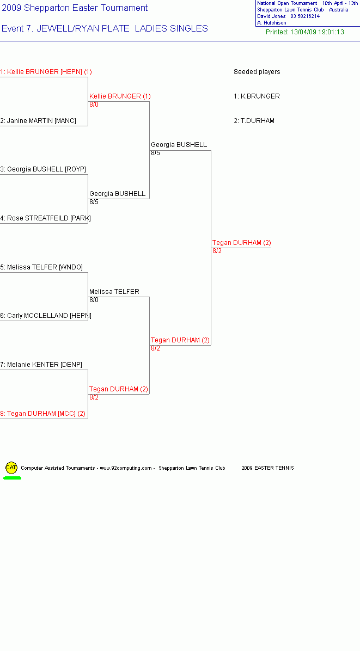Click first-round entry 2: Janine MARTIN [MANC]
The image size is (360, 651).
pyautogui.click(x=38, y=121)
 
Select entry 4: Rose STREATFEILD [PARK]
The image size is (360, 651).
pyautogui.click(x=45, y=218)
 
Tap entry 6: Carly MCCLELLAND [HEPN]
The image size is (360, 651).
pyautogui.click(x=46, y=316)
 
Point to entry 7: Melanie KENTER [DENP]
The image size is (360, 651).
pyautogui.click(x=41, y=365)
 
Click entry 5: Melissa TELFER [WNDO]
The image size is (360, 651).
pyautogui.click(x=41, y=267)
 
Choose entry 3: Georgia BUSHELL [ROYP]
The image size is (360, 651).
pyautogui.click(x=43, y=169)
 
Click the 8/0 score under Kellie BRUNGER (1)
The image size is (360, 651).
pyautogui.click(x=94, y=105)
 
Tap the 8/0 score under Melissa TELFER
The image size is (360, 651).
pyautogui.click(x=94, y=300)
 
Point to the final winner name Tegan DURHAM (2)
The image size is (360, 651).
pyautogui.click(x=242, y=243)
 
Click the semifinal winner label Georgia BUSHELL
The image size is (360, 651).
pyautogui.click(x=179, y=145)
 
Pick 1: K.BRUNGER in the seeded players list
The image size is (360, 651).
pyautogui.click(x=257, y=96)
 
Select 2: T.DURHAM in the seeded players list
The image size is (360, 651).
pyautogui.click(x=254, y=121)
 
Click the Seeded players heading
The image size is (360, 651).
pyautogui.click(x=257, y=72)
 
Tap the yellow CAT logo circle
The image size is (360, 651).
pyautogui.click(x=11, y=468)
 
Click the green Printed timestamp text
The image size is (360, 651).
pyautogui.click(x=305, y=32)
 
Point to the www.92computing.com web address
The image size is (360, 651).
pyautogui.click(x=126, y=468)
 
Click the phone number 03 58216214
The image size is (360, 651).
pyautogui.click(x=305, y=16)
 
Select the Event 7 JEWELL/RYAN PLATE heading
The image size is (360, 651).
pyautogui.click(x=105, y=29)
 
